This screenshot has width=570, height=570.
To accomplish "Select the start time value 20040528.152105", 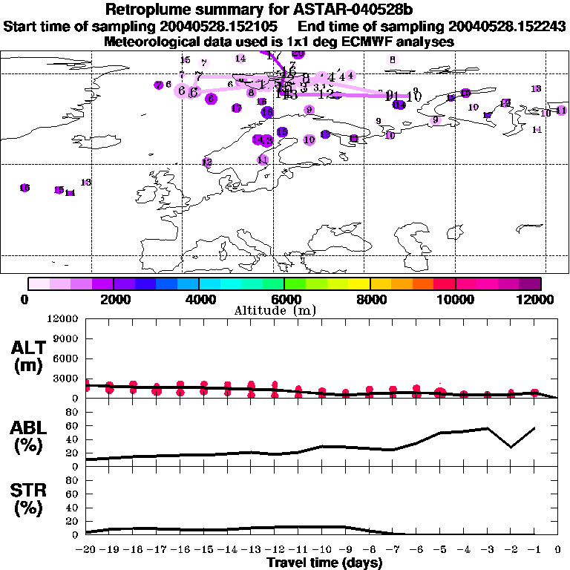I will pos(221,27).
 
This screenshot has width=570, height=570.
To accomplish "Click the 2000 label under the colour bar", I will pos(114,299).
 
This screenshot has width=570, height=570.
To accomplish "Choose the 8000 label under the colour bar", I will pos(370,299).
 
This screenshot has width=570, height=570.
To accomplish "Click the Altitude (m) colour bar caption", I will pos(284,310).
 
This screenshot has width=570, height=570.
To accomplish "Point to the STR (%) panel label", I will pos(30,498).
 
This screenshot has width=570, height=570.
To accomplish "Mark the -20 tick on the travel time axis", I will pos(86,550).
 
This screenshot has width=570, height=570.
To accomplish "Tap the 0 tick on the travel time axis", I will pos(557,550).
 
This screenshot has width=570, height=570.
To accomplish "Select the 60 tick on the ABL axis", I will pos(72,426).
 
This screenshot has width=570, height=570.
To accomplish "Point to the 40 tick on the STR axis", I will pos(72,508).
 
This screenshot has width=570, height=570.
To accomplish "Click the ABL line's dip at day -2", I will pos(510,447).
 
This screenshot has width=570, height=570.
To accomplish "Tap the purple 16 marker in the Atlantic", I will pos(24,188).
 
